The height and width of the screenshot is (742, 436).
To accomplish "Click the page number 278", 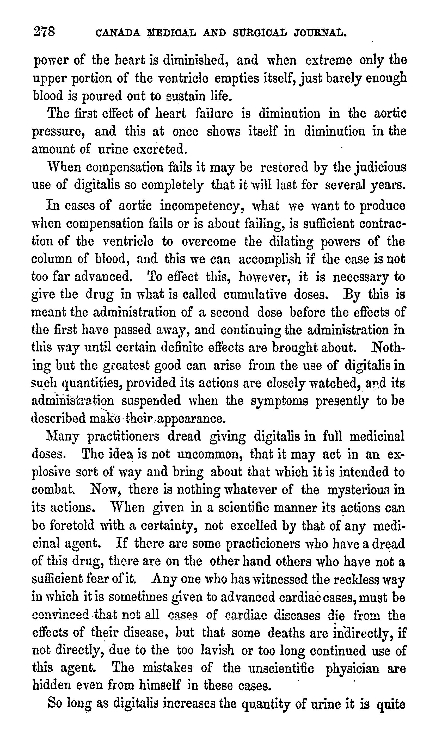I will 45,32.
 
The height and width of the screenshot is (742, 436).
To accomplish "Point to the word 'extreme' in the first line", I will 328,60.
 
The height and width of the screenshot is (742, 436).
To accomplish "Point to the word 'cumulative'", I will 255,295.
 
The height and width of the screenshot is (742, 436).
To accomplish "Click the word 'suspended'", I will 151,401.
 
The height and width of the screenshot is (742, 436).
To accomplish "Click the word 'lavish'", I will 217,651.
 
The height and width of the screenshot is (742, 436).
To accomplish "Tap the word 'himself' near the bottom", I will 160,686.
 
